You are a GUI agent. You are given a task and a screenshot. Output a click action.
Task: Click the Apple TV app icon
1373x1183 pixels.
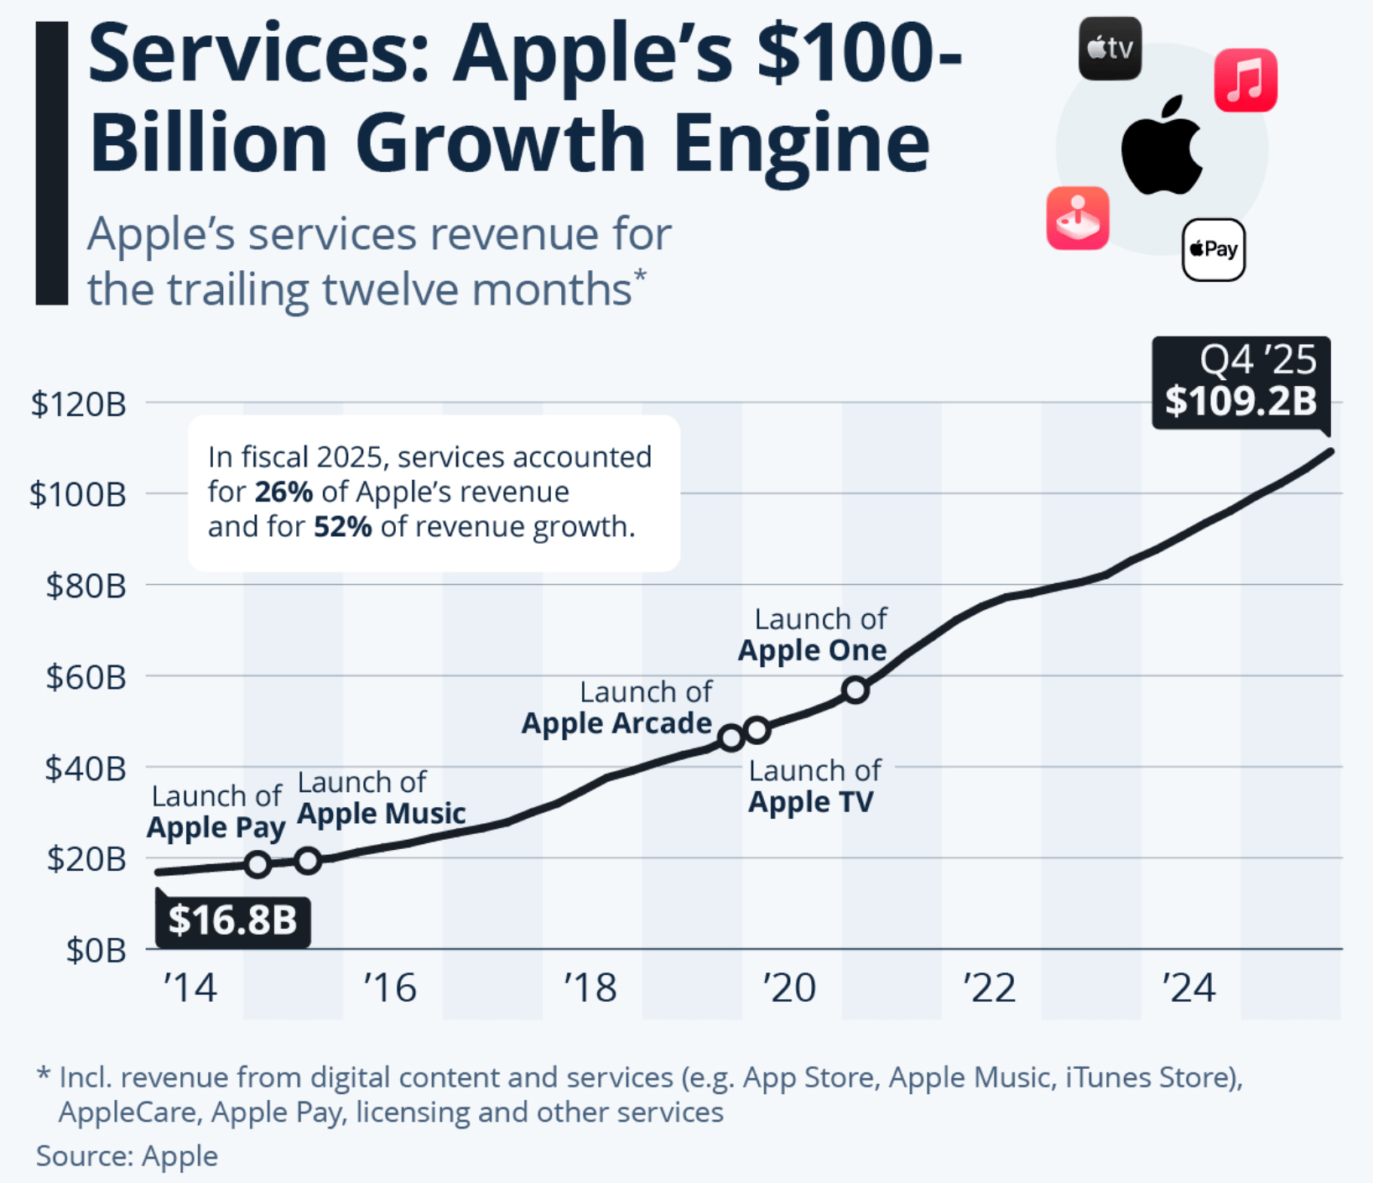1110,49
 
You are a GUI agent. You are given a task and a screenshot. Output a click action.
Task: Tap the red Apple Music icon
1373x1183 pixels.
1246,81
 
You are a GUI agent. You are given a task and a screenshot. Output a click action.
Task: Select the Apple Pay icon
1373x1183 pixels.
1213,249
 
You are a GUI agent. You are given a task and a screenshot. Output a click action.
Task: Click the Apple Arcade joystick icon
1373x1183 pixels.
1078,218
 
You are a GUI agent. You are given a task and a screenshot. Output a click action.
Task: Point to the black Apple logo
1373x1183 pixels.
1162,147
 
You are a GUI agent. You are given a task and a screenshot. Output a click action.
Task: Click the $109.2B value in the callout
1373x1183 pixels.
1240,401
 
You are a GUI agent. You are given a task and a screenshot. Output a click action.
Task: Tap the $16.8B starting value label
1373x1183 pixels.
232,920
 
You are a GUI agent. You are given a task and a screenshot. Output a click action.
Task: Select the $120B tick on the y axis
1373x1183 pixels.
78,404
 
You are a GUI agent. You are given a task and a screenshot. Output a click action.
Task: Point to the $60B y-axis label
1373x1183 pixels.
86,676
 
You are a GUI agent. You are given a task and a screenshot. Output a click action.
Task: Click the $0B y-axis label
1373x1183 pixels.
96,950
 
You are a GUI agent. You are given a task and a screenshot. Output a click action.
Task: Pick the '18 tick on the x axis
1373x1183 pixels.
590,988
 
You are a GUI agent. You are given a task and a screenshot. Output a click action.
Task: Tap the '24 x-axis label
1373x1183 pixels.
1188,988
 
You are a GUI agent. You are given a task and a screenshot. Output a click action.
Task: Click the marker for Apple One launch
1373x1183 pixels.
856,690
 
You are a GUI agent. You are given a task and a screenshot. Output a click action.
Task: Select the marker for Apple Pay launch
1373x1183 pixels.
258,864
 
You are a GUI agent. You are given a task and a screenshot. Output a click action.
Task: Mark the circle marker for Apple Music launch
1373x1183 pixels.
308,860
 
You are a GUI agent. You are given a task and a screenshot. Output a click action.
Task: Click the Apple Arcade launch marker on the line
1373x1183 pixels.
731,737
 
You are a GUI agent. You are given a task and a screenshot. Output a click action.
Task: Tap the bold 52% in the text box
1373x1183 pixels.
342,527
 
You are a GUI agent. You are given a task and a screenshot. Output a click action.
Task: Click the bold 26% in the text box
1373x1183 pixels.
283,492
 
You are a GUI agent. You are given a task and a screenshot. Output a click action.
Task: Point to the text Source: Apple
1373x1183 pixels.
127,1155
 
